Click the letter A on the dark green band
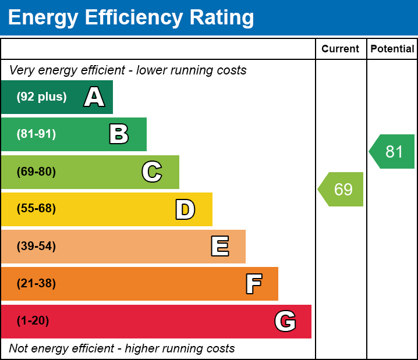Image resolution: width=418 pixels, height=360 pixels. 94,97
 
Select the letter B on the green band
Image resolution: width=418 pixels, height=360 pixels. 119,134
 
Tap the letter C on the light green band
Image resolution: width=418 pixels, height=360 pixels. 152,172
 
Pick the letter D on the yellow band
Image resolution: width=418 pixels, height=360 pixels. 185,209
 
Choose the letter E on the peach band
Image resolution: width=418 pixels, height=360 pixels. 219,247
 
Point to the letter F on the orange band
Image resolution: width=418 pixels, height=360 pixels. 253,284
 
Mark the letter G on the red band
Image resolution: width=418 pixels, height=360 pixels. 285,321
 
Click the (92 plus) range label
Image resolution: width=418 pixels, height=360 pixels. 41,97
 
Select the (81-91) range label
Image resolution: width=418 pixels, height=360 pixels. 36,134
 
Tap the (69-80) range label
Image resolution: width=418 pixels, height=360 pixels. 36,172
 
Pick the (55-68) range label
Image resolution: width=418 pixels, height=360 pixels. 36,209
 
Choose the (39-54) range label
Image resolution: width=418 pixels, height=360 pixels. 36,247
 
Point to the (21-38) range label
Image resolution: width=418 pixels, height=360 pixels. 36,284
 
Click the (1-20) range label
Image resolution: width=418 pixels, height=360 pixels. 33,321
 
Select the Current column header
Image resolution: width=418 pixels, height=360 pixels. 341,49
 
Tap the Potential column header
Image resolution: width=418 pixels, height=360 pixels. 392,49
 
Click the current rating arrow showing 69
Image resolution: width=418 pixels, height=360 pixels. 342,189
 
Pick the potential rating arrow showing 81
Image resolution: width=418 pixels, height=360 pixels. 393,152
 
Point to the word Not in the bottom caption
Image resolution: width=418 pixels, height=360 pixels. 19,348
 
